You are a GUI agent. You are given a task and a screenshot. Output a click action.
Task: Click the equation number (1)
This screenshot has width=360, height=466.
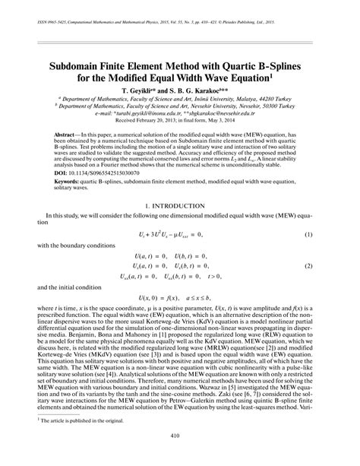point(309,235)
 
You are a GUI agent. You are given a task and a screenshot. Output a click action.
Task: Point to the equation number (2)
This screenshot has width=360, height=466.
point(309,268)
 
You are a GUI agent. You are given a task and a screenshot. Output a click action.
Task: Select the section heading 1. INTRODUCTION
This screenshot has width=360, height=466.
point(180,207)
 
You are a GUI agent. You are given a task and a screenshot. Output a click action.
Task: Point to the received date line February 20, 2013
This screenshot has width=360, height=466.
point(180,120)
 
